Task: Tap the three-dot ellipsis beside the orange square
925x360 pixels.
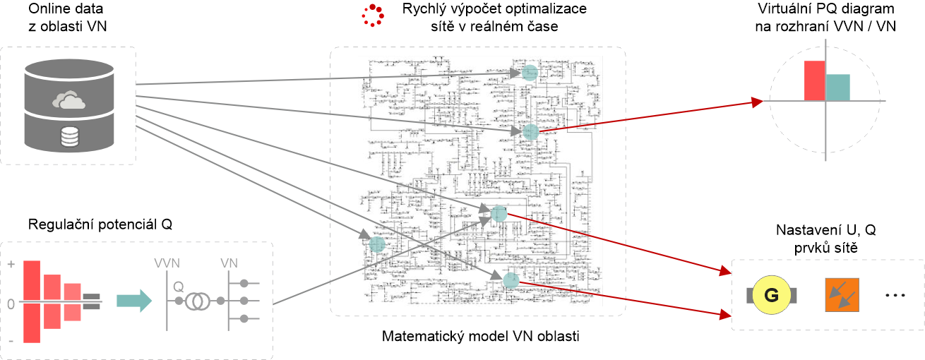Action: tap(895, 297)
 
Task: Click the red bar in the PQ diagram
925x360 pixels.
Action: tap(814, 80)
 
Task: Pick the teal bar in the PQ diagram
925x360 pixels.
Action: tap(838, 87)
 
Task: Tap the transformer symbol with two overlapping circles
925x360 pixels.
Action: tap(196, 301)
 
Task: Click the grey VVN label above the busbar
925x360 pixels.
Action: tap(167, 264)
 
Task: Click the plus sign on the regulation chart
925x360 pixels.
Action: tap(12, 264)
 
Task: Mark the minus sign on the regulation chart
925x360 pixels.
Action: tap(12, 342)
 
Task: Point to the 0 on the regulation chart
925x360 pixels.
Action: tap(11, 304)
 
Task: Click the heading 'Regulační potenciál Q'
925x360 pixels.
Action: tap(100, 224)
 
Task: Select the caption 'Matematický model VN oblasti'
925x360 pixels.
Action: tap(480, 336)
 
